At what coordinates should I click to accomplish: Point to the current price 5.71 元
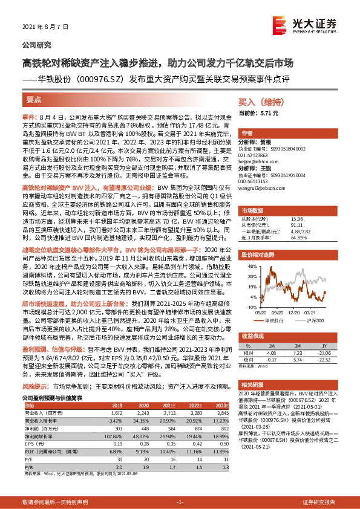point(268,113)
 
